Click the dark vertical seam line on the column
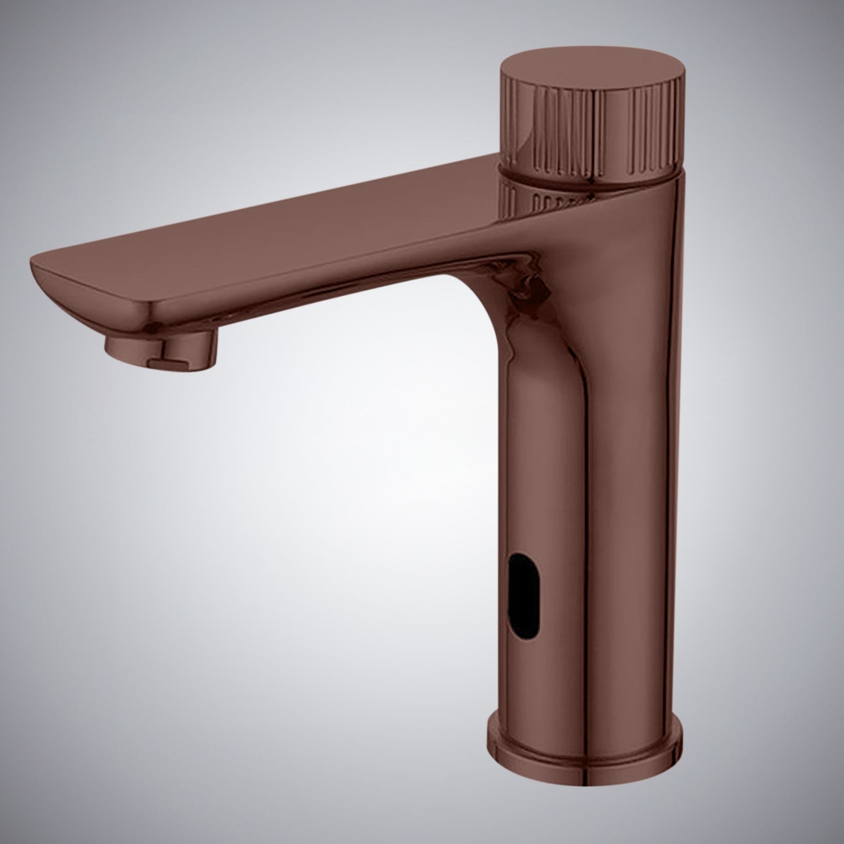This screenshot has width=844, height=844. [587, 526]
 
